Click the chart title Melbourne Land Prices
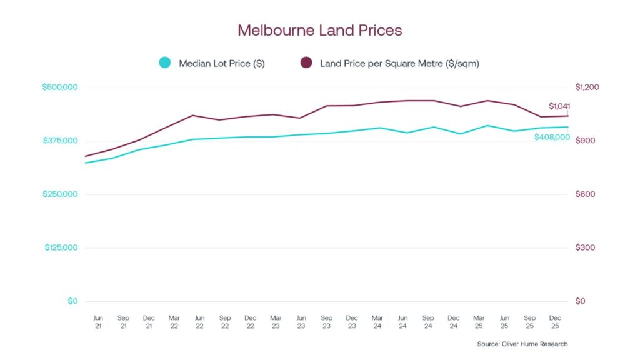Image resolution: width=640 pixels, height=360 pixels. pyautogui.click(x=319, y=30)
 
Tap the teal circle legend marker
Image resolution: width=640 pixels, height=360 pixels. pyautogui.click(x=164, y=62)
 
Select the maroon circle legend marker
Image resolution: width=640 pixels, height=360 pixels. pyautogui.click(x=306, y=62)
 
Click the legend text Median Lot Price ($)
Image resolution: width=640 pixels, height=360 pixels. pyautogui.click(x=221, y=63)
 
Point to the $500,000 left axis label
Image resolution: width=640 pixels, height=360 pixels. pyautogui.click(x=60, y=87)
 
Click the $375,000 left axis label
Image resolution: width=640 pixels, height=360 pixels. pyautogui.click(x=60, y=141)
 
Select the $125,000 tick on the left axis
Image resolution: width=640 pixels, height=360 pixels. pyautogui.click(x=61, y=247)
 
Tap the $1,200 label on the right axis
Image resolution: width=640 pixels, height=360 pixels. pyautogui.click(x=587, y=87)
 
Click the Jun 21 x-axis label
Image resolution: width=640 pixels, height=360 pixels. pyautogui.click(x=97, y=322)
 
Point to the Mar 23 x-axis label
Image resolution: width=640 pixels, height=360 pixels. pyautogui.click(x=276, y=322)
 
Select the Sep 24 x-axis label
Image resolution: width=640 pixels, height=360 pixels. pyautogui.click(x=428, y=322)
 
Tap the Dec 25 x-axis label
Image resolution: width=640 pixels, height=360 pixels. pyautogui.click(x=555, y=322)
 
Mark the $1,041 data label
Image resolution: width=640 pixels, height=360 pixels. pyautogui.click(x=559, y=106)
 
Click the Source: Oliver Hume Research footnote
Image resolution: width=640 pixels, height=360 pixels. pyautogui.click(x=522, y=344)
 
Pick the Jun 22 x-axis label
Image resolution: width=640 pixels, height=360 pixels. pyautogui.click(x=199, y=322)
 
